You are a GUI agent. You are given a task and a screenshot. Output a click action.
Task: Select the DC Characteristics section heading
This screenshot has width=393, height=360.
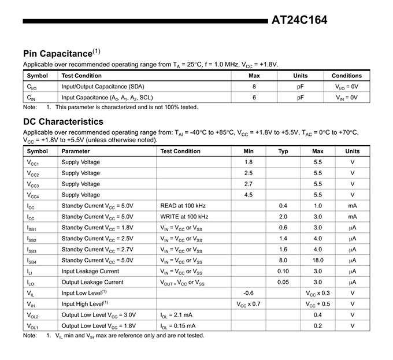(63, 122)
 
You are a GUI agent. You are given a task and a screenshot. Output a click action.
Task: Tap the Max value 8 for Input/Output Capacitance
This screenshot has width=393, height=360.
(254, 86)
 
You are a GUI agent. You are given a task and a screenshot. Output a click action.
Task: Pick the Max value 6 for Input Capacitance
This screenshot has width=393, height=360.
(254, 97)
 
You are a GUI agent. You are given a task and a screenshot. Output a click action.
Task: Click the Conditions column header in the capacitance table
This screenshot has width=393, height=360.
(346, 76)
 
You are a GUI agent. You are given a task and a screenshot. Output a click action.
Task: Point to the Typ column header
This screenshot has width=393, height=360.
(283, 151)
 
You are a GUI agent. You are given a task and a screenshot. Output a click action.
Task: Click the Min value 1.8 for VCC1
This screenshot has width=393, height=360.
(249, 162)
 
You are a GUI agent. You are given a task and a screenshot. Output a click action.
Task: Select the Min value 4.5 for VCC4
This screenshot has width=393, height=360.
(249, 195)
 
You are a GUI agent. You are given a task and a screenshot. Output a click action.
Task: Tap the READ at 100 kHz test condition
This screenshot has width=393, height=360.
(183, 206)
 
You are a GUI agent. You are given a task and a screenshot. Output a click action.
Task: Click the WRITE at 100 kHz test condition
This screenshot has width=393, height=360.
(184, 217)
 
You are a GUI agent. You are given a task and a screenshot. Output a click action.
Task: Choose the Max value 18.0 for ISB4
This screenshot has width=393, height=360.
(317, 260)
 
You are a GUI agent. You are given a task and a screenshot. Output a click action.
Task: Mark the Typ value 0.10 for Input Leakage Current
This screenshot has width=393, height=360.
(283, 271)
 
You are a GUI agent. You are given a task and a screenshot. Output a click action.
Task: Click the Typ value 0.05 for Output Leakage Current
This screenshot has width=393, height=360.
(283, 282)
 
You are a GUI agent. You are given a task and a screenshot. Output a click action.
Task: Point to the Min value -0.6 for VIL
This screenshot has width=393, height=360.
(249, 293)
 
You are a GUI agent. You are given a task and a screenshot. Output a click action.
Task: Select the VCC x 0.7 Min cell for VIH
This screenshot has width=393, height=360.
(249, 304)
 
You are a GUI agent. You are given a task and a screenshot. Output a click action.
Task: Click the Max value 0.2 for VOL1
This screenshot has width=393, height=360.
(317, 326)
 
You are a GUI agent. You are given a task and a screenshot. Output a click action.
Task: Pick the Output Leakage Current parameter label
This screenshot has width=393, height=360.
(92, 282)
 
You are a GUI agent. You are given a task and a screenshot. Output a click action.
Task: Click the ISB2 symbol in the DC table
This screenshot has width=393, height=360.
(32, 239)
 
